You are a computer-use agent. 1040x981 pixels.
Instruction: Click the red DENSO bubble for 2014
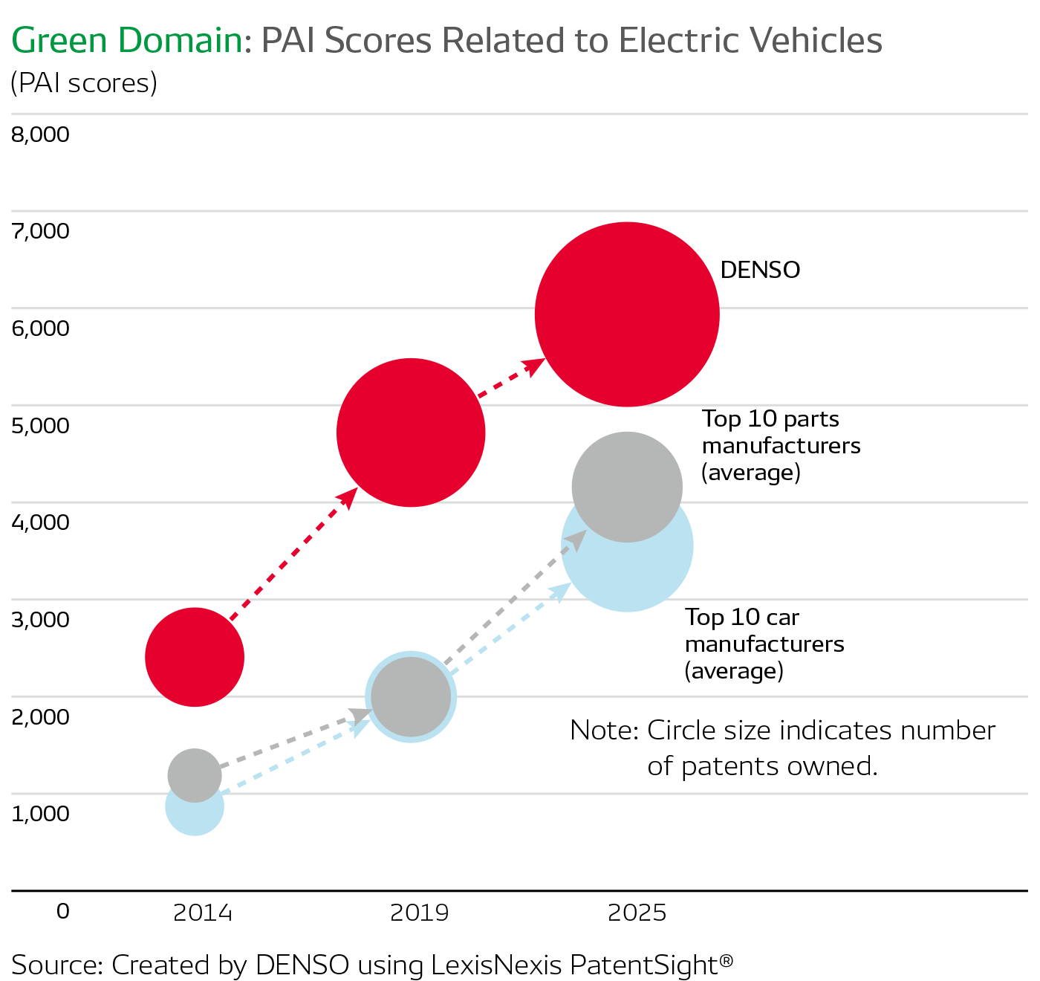tap(195, 657)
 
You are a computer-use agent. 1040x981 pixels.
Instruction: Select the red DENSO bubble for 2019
tap(411, 433)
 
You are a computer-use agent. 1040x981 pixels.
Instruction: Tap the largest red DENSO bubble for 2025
tap(627, 314)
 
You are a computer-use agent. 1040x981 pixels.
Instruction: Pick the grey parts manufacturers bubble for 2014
tap(195, 775)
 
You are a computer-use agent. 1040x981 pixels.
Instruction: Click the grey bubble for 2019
tap(411, 696)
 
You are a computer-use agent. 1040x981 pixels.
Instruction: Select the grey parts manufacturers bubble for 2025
tap(627, 487)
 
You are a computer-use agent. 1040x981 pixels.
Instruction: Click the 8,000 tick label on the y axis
tap(41, 135)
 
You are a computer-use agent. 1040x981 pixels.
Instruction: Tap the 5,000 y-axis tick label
tap(41, 426)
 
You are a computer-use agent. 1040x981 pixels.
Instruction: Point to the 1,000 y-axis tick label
tap(41, 813)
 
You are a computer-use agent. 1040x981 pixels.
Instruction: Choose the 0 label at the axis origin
tap(63, 911)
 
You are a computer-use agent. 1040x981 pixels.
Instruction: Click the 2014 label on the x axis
tap(203, 913)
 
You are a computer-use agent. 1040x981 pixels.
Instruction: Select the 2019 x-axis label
tap(420, 913)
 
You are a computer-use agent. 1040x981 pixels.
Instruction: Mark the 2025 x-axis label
tap(637, 913)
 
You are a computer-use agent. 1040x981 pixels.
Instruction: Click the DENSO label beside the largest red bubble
tap(760, 270)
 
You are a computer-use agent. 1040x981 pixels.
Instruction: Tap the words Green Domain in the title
tap(127, 41)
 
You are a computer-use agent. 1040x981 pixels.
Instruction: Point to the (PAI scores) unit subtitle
tap(84, 83)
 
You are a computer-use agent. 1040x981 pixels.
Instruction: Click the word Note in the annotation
tap(602, 731)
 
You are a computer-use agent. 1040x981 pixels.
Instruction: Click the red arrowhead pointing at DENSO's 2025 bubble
tap(535, 365)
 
